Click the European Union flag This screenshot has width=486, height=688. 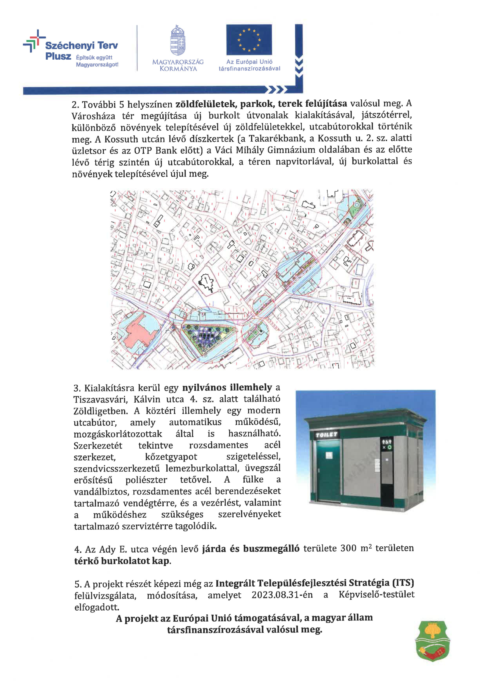pos(249,40)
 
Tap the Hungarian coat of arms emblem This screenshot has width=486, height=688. pos(177,41)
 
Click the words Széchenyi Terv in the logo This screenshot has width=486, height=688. pos(81,45)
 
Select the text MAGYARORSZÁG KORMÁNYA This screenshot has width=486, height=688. pos(178,65)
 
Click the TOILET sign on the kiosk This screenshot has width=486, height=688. pos(327,435)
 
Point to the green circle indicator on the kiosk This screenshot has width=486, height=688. pos(390,447)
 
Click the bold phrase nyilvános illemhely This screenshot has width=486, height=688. pos(227,388)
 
